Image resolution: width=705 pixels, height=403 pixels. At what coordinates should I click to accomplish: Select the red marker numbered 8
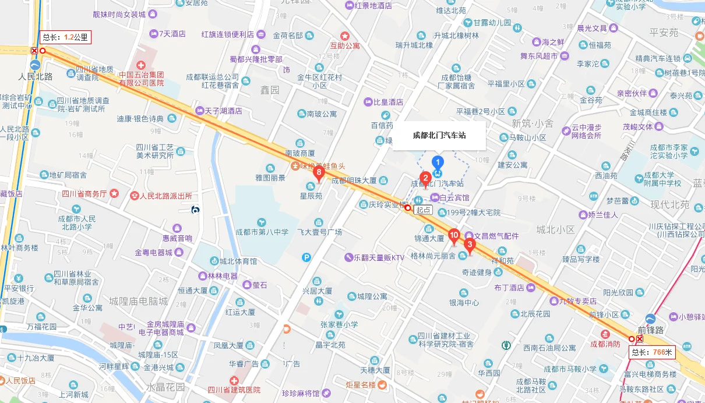pos(319,172)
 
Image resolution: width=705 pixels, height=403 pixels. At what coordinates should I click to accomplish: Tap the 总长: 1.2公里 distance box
pos(65,37)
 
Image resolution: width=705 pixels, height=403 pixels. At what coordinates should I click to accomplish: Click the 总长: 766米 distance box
pos(652,352)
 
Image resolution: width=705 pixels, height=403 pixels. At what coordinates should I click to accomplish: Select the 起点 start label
pos(423,210)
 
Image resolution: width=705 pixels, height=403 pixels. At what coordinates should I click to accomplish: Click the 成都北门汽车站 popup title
pos(439,136)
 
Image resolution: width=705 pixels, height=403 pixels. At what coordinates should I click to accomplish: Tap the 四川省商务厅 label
pos(85,194)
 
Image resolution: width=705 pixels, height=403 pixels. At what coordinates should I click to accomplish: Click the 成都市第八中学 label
pos(262,232)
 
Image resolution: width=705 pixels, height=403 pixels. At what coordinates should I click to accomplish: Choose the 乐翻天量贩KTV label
pos(375,257)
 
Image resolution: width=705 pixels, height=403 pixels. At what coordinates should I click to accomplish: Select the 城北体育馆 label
pos(238,261)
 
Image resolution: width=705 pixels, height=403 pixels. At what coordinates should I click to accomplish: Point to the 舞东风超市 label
pos(538,56)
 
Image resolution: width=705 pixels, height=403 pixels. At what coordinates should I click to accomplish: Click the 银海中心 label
pos(464,302)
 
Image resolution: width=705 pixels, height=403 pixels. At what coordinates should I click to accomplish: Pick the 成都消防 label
pos(607,344)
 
